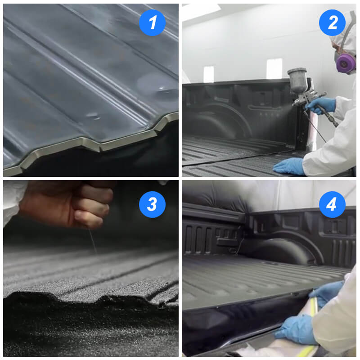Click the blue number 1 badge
[152, 22]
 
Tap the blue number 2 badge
[332, 22]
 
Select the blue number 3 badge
[152, 204]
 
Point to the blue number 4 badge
[332, 204]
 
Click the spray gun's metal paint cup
[297, 79]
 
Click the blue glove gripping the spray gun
[321, 105]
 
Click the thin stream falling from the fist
[93, 241]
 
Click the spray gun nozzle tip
[294, 104]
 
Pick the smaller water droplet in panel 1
[93, 116]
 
